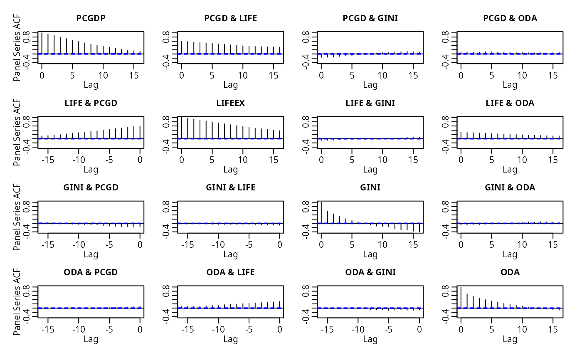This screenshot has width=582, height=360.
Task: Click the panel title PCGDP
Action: pyautogui.click(x=91, y=18)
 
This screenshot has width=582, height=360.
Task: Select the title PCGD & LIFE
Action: pyautogui.click(x=230, y=18)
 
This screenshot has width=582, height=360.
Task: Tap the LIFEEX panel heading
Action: pyautogui.click(x=230, y=103)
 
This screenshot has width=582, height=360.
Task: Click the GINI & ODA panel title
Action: pyautogui.click(x=510, y=187)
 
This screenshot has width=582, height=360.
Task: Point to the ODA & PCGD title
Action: pyautogui.click(x=91, y=272)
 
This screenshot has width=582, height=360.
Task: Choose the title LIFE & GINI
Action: pyautogui.click(x=370, y=103)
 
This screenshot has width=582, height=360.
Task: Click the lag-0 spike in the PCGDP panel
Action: pyautogui.click(x=42, y=43)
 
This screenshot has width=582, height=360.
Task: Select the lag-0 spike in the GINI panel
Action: pyautogui.click(x=321, y=212)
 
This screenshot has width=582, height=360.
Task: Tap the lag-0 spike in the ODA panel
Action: pyautogui.click(x=461, y=297)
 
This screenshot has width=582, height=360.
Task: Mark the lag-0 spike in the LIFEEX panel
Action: pyautogui.click(x=182, y=128)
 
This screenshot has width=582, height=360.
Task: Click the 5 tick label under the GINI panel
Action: pyautogui.click(x=352, y=244)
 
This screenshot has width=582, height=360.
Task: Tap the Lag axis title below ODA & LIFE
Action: pyautogui.click(x=230, y=339)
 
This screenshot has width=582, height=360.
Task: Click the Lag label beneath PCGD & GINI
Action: pyautogui.click(x=370, y=85)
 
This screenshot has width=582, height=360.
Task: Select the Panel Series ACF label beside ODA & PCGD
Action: pyautogui.click(x=17, y=301)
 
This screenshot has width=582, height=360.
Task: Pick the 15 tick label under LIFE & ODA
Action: pyautogui.click(x=553, y=160)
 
